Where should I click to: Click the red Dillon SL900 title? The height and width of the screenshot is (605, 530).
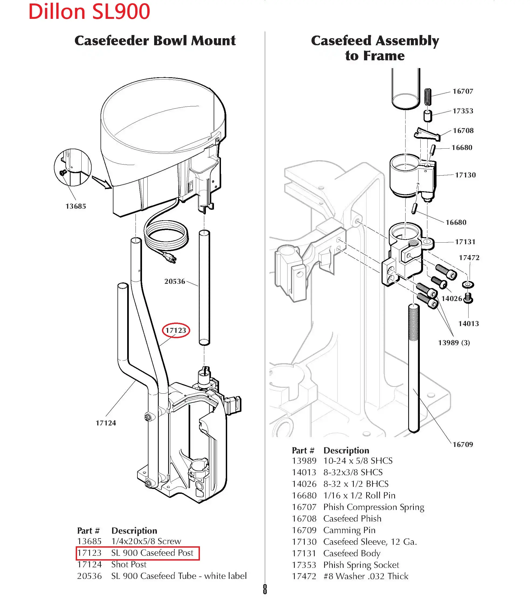coord(89,12)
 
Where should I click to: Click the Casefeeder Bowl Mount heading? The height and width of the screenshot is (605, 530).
coord(155,40)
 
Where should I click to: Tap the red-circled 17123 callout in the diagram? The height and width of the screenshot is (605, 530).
coord(176,330)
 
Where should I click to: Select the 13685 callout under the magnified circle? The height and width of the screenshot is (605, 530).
coord(76,206)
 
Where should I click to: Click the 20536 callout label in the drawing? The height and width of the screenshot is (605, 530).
coord(175,281)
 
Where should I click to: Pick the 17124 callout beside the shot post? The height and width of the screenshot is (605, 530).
coord(106,423)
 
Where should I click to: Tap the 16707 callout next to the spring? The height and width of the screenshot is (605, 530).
coord(463,91)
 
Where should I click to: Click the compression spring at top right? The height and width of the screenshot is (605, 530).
coord(427,97)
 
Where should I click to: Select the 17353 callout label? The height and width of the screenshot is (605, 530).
coord(463,111)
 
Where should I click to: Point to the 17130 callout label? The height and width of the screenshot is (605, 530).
coord(465,175)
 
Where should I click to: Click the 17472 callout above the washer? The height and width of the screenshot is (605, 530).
coord(469,258)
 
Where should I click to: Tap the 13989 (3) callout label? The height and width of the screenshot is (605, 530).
coord(454,342)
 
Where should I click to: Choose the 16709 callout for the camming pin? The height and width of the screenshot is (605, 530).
coord(463,445)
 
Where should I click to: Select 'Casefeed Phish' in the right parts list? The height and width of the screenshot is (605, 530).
coord(352,519)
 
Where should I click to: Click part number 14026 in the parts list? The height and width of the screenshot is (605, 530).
coord(304,484)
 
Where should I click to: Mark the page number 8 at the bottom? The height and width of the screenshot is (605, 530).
coord(265,589)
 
